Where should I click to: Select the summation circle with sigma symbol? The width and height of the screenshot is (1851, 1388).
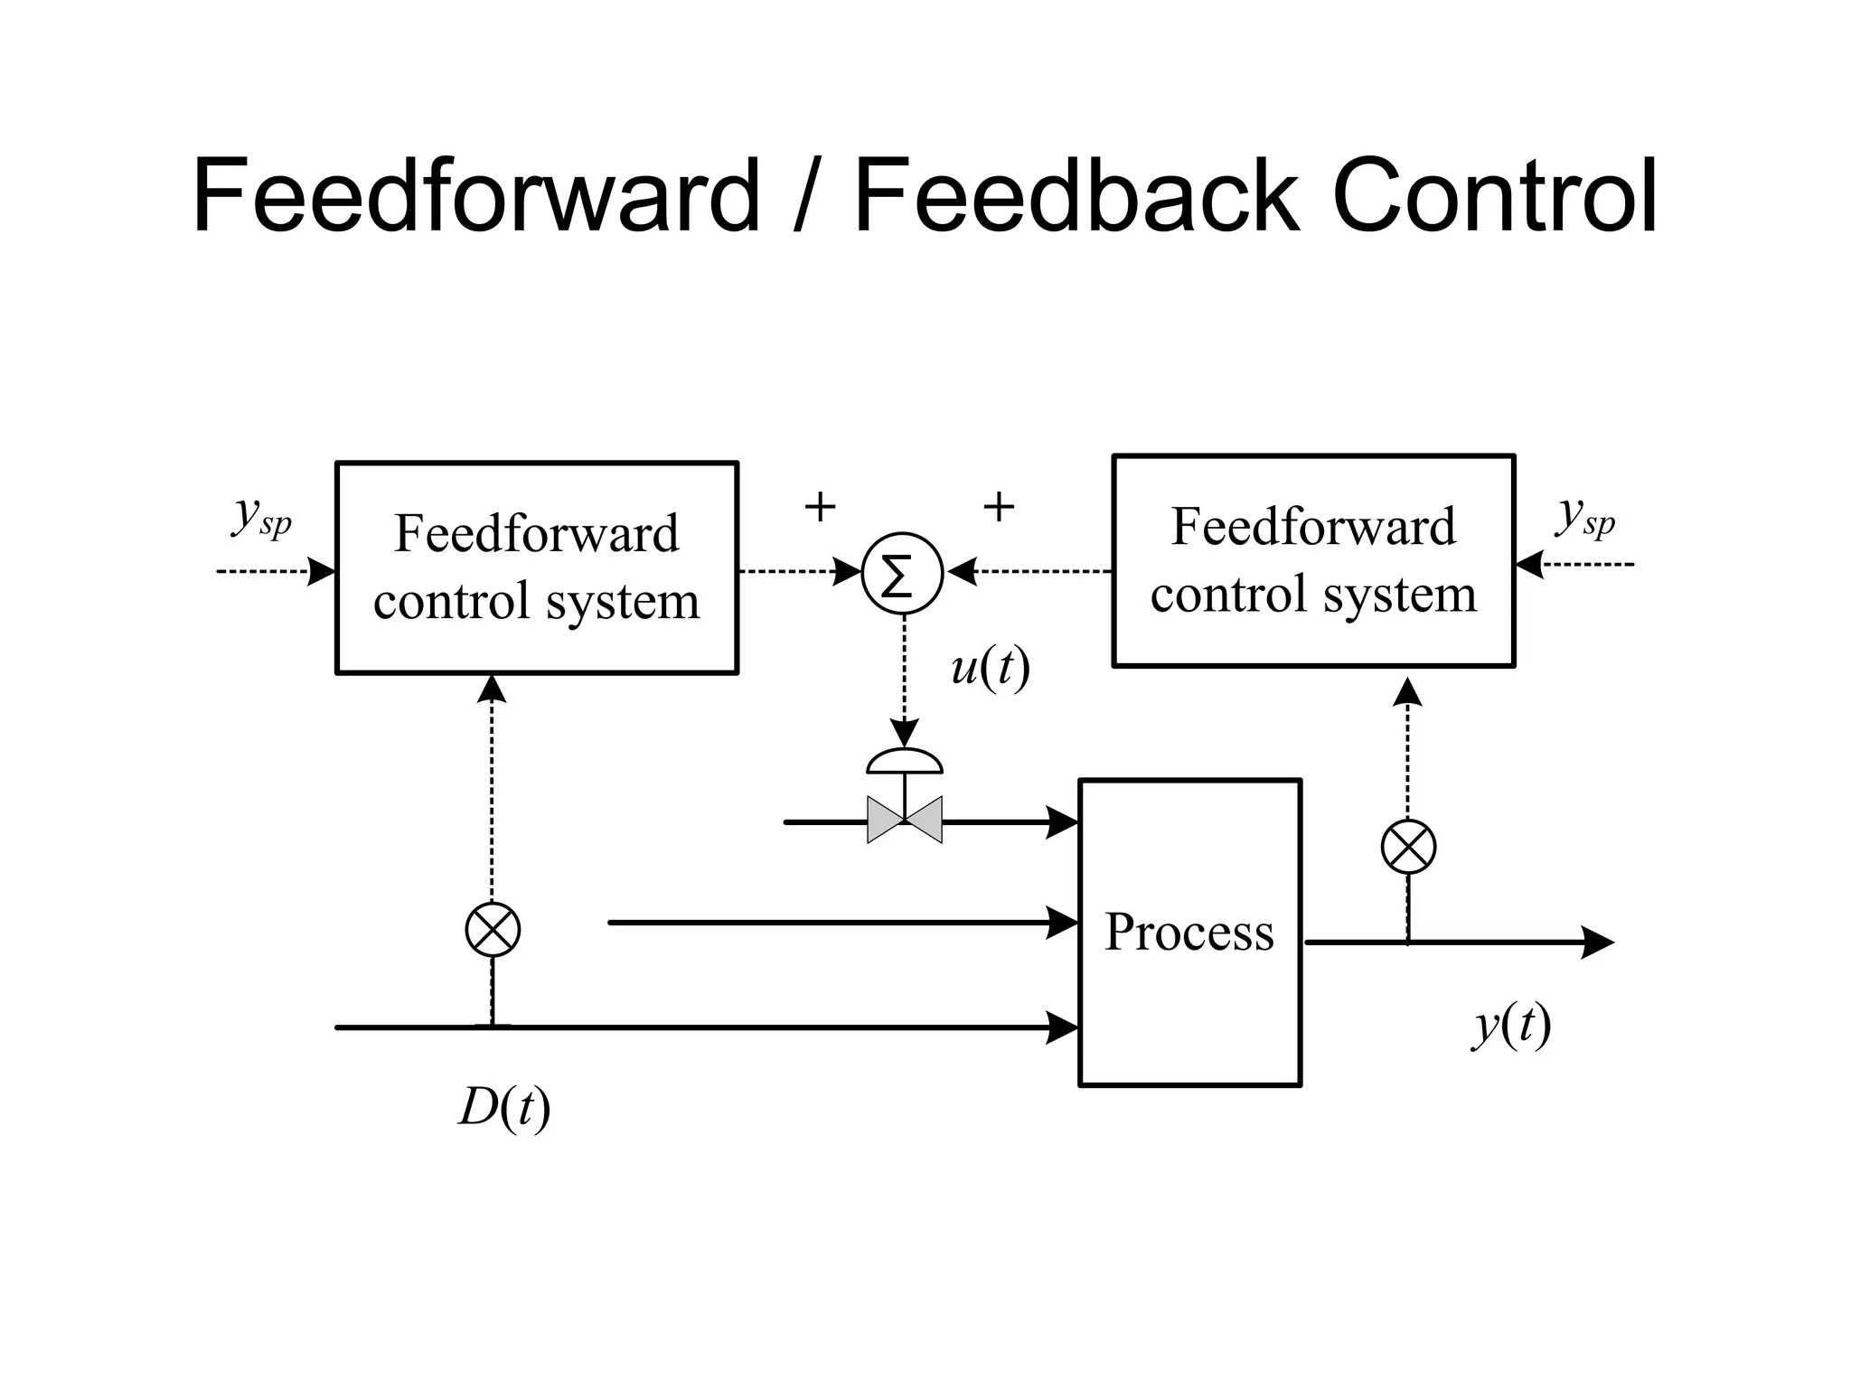pos(902,574)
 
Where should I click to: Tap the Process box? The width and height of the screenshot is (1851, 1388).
pos(1189,932)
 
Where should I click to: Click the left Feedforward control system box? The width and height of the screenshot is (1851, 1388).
pos(537,567)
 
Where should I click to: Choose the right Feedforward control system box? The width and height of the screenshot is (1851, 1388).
pos(1312,560)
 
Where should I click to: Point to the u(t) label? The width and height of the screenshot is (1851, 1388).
pos(991,669)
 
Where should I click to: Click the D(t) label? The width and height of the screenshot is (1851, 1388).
pos(504,1107)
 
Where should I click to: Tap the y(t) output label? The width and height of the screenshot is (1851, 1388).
pos(1511,1026)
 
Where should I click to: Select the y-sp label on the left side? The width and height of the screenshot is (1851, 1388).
pos(262,518)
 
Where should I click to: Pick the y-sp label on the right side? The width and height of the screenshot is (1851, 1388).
pos(1584,518)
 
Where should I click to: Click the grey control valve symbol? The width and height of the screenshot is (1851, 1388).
pos(904,820)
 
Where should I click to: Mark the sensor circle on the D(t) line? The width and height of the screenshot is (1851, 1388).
pos(493,929)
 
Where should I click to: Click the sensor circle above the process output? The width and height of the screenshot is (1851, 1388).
pos(1408,847)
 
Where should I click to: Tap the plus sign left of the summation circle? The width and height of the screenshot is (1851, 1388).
pos(820,507)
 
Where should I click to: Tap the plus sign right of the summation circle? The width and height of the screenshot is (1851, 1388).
pos(998,507)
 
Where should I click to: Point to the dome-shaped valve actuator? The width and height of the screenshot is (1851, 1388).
pos(904,762)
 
